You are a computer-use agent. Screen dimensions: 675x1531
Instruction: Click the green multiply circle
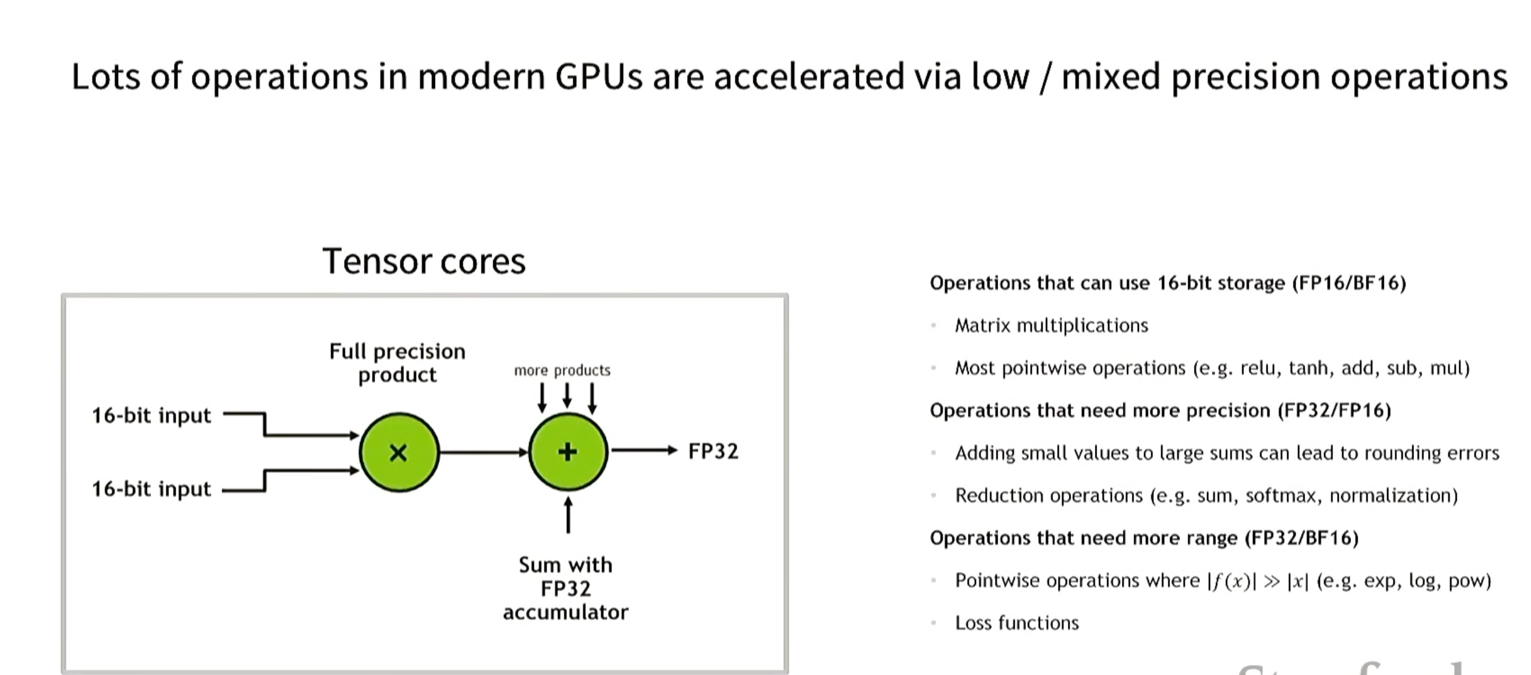[x=399, y=452]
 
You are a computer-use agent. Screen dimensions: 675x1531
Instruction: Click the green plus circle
[x=567, y=452]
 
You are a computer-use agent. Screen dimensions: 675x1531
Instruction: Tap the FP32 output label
[x=713, y=451]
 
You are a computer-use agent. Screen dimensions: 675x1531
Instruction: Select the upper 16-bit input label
[x=151, y=415]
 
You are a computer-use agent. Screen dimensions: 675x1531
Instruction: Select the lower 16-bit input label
[x=151, y=489]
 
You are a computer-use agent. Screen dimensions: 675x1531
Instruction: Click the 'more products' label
[x=561, y=370]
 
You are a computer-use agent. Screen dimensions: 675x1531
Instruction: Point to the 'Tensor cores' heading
[x=424, y=262]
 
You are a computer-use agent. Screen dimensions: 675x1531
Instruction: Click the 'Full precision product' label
[x=397, y=362]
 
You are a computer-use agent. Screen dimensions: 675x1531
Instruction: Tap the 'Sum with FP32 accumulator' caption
[x=565, y=588]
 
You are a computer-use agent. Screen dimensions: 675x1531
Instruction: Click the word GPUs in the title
[x=599, y=76]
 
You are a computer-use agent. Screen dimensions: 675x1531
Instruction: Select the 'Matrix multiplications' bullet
[x=1051, y=326]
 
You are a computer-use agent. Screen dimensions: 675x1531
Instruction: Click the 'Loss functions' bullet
[x=1017, y=623]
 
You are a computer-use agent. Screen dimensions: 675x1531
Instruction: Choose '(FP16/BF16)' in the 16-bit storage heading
[x=1349, y=283]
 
